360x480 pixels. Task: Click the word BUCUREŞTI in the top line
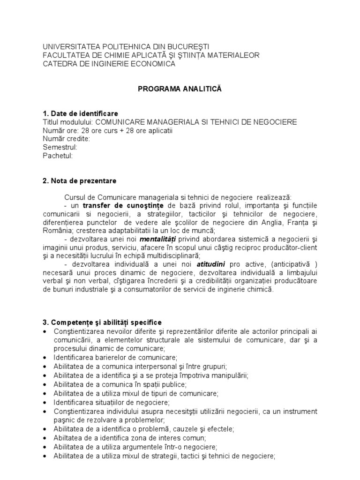186,47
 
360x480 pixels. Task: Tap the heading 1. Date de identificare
80,114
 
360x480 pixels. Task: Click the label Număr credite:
66,139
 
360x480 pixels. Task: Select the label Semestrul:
60,147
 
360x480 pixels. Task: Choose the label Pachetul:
58,156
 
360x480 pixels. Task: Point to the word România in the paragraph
57,231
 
